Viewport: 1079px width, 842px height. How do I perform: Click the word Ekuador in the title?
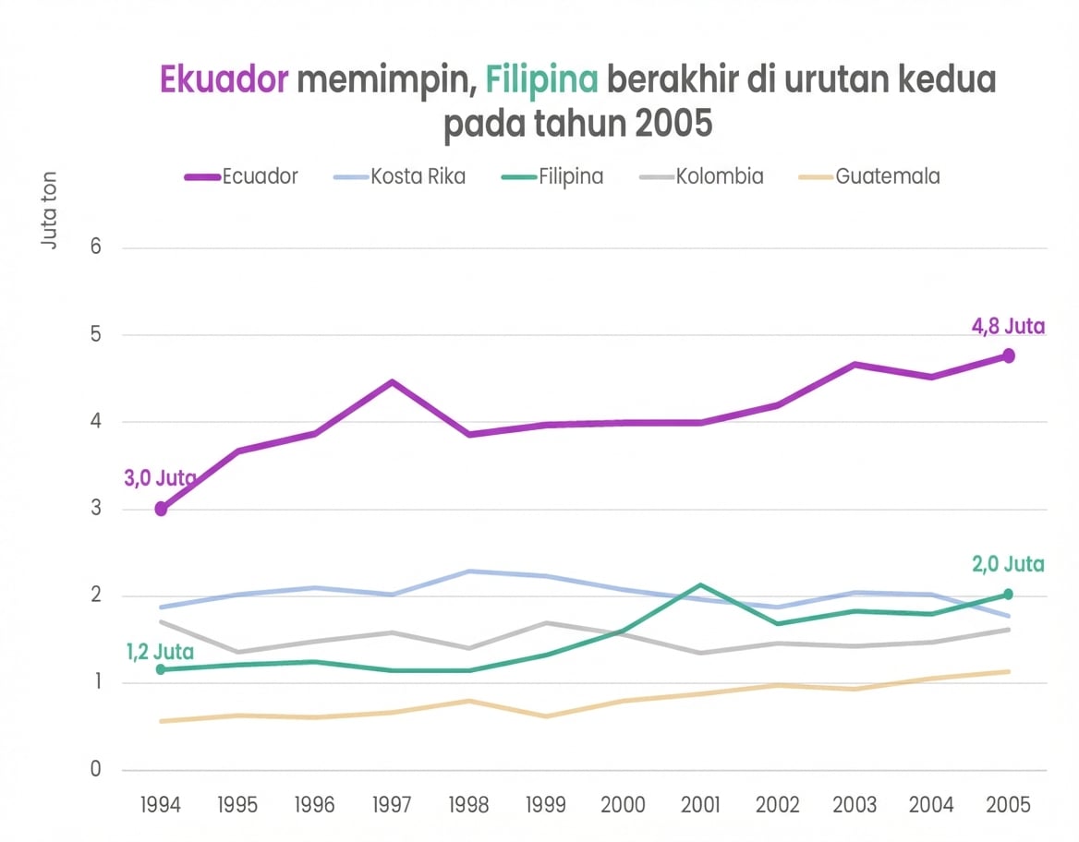224,80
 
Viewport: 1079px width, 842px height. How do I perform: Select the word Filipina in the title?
542,80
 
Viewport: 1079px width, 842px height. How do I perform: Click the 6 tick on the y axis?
95,248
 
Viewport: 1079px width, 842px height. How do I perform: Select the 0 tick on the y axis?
95,770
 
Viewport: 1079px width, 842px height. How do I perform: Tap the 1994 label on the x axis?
161,804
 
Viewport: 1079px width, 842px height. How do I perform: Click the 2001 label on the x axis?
700,804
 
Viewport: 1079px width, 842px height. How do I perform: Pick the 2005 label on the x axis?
1008,804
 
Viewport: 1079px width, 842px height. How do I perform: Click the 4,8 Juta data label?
1008,327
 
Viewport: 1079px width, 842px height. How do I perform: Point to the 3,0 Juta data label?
160,478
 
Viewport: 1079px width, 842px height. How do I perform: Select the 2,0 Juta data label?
1008,564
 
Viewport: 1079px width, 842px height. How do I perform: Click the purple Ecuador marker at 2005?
1009,355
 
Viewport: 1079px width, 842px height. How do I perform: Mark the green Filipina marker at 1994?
161,669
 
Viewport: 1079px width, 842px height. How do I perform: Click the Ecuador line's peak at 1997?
392,381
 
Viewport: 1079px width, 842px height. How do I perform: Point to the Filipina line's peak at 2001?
700,584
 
